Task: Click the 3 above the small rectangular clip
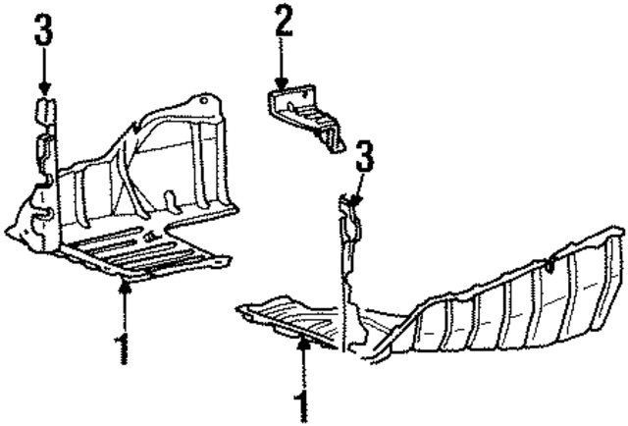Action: click(43, 32)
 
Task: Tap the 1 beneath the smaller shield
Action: click(124, 347)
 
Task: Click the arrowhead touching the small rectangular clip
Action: click(43, 90)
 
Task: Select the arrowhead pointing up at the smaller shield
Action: click(125, 286)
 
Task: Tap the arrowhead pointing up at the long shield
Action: click(303, 345)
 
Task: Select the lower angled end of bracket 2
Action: click(337, 142)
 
